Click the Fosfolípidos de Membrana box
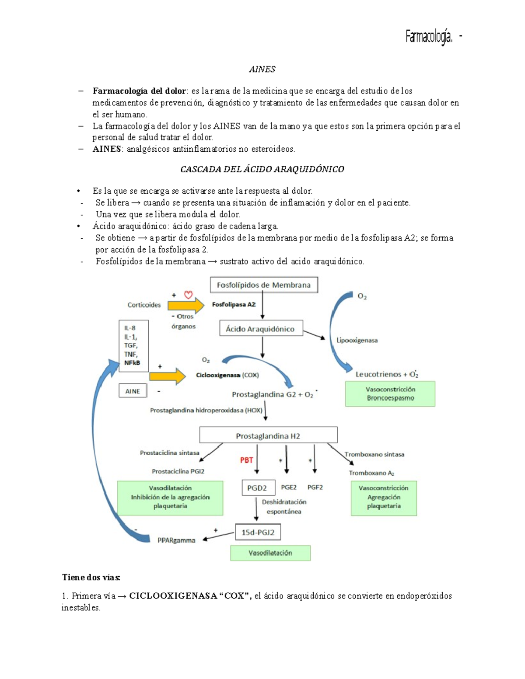click(263, 285)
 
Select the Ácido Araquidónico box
click(261, 329)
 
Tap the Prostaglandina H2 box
click(268, 435)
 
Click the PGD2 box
click(258, 487)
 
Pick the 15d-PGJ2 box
click(258, 532)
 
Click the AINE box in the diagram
click(133, 391)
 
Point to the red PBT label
click(246, 460)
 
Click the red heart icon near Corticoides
click(188, 295)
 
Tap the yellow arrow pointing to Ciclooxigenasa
click(167, 376)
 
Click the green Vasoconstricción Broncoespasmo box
click(390, 393)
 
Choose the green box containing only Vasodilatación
click(270, 553)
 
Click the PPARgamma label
click(176, 540)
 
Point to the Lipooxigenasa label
click(357, 340)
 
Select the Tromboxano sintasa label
click(374, 454)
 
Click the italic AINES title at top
click(262, 69)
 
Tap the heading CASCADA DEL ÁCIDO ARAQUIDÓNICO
click(262, 169)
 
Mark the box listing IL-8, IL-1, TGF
click(133, 345)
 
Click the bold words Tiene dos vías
click(91, 577)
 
